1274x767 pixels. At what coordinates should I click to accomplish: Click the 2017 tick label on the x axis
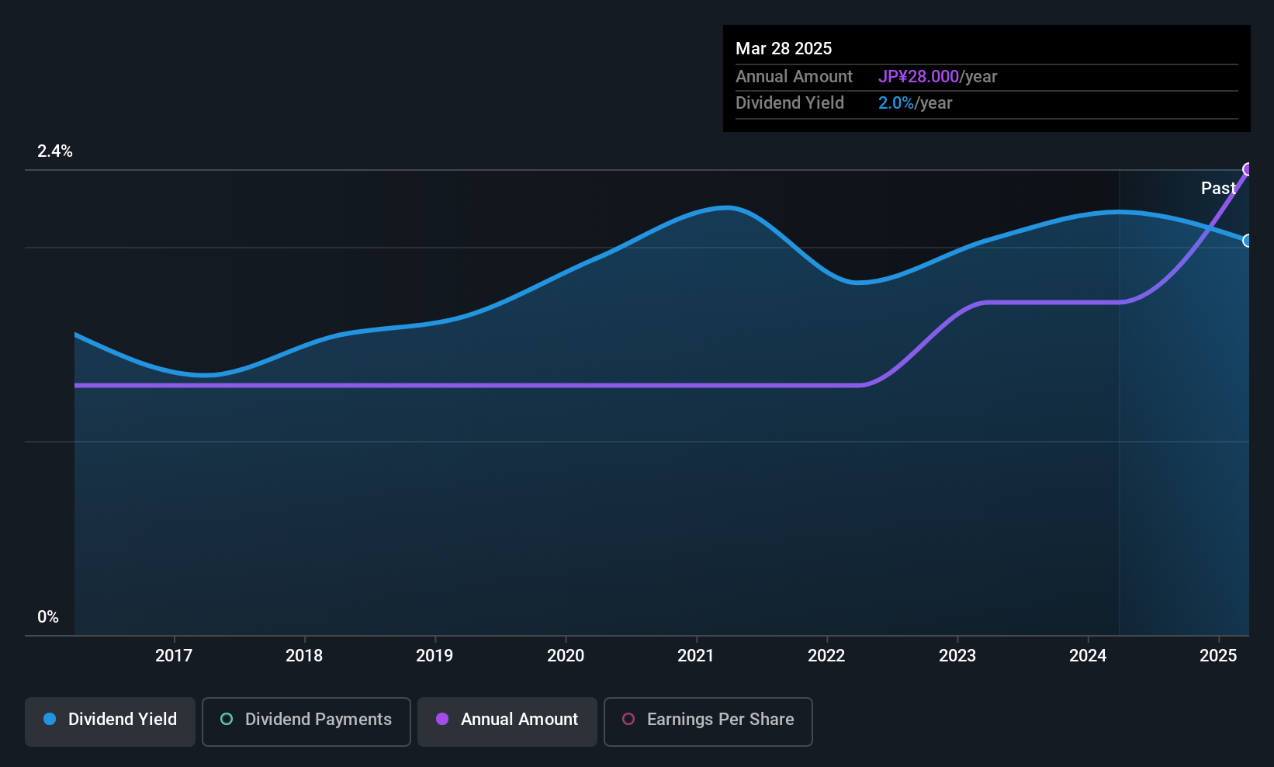174,655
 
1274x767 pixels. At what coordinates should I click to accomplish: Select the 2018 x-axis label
304,655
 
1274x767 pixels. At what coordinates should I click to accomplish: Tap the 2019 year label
434,655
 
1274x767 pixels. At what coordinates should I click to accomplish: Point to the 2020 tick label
566,655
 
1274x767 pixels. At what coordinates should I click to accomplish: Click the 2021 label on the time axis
696,655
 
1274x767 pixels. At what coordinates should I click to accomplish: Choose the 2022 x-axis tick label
826,655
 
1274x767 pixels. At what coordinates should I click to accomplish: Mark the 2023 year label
957,655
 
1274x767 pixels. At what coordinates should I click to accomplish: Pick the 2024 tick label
1088,655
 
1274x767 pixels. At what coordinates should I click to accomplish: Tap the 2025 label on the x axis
1218,655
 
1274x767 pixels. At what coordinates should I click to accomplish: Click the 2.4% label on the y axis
55,151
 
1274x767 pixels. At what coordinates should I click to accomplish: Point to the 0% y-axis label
48,617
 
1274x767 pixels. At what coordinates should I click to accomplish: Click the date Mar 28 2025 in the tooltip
784,49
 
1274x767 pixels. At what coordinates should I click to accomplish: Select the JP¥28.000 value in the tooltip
919,76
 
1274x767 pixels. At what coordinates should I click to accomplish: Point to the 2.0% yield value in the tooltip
896,103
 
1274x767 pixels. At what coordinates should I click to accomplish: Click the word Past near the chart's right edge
1218,189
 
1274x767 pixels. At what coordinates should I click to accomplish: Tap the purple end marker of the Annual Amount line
1247,169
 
